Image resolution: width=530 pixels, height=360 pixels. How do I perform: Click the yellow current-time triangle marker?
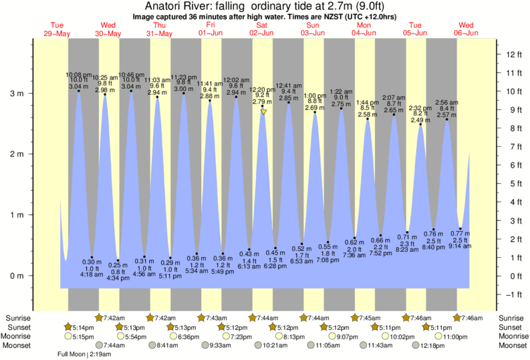pos(264,112)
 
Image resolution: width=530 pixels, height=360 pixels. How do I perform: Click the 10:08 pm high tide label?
pos(78,74)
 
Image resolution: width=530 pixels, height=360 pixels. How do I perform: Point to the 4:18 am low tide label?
pos(92,274)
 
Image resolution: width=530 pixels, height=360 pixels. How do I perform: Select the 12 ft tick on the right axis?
pos(515,54)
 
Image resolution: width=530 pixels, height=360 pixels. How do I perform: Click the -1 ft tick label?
pos(514,295)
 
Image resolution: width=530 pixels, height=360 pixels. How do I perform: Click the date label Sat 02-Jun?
pos(261,29)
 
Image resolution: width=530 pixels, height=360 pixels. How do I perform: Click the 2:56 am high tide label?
pos(446,102)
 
